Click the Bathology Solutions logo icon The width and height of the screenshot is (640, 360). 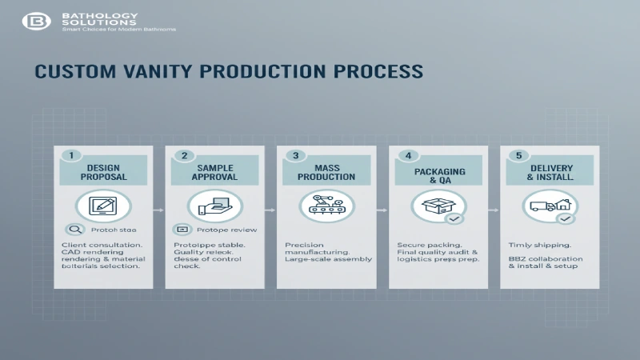[x=35, y=21]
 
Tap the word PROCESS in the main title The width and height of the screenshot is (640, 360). [x=379, y=71]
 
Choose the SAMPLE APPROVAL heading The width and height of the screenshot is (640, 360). [x=214, y=172]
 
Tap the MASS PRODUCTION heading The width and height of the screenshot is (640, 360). [x=326, y=172]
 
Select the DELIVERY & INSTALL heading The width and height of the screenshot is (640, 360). [x=550, y=172]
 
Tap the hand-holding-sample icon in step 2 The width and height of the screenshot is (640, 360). [x=214, y=206]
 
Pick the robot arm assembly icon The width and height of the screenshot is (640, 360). [x=326, y=206]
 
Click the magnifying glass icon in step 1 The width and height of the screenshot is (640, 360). [x=74, y=229]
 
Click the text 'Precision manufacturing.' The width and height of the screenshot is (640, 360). [x=318, y=248]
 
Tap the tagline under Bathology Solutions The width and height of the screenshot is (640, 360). [x=118, y=30]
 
